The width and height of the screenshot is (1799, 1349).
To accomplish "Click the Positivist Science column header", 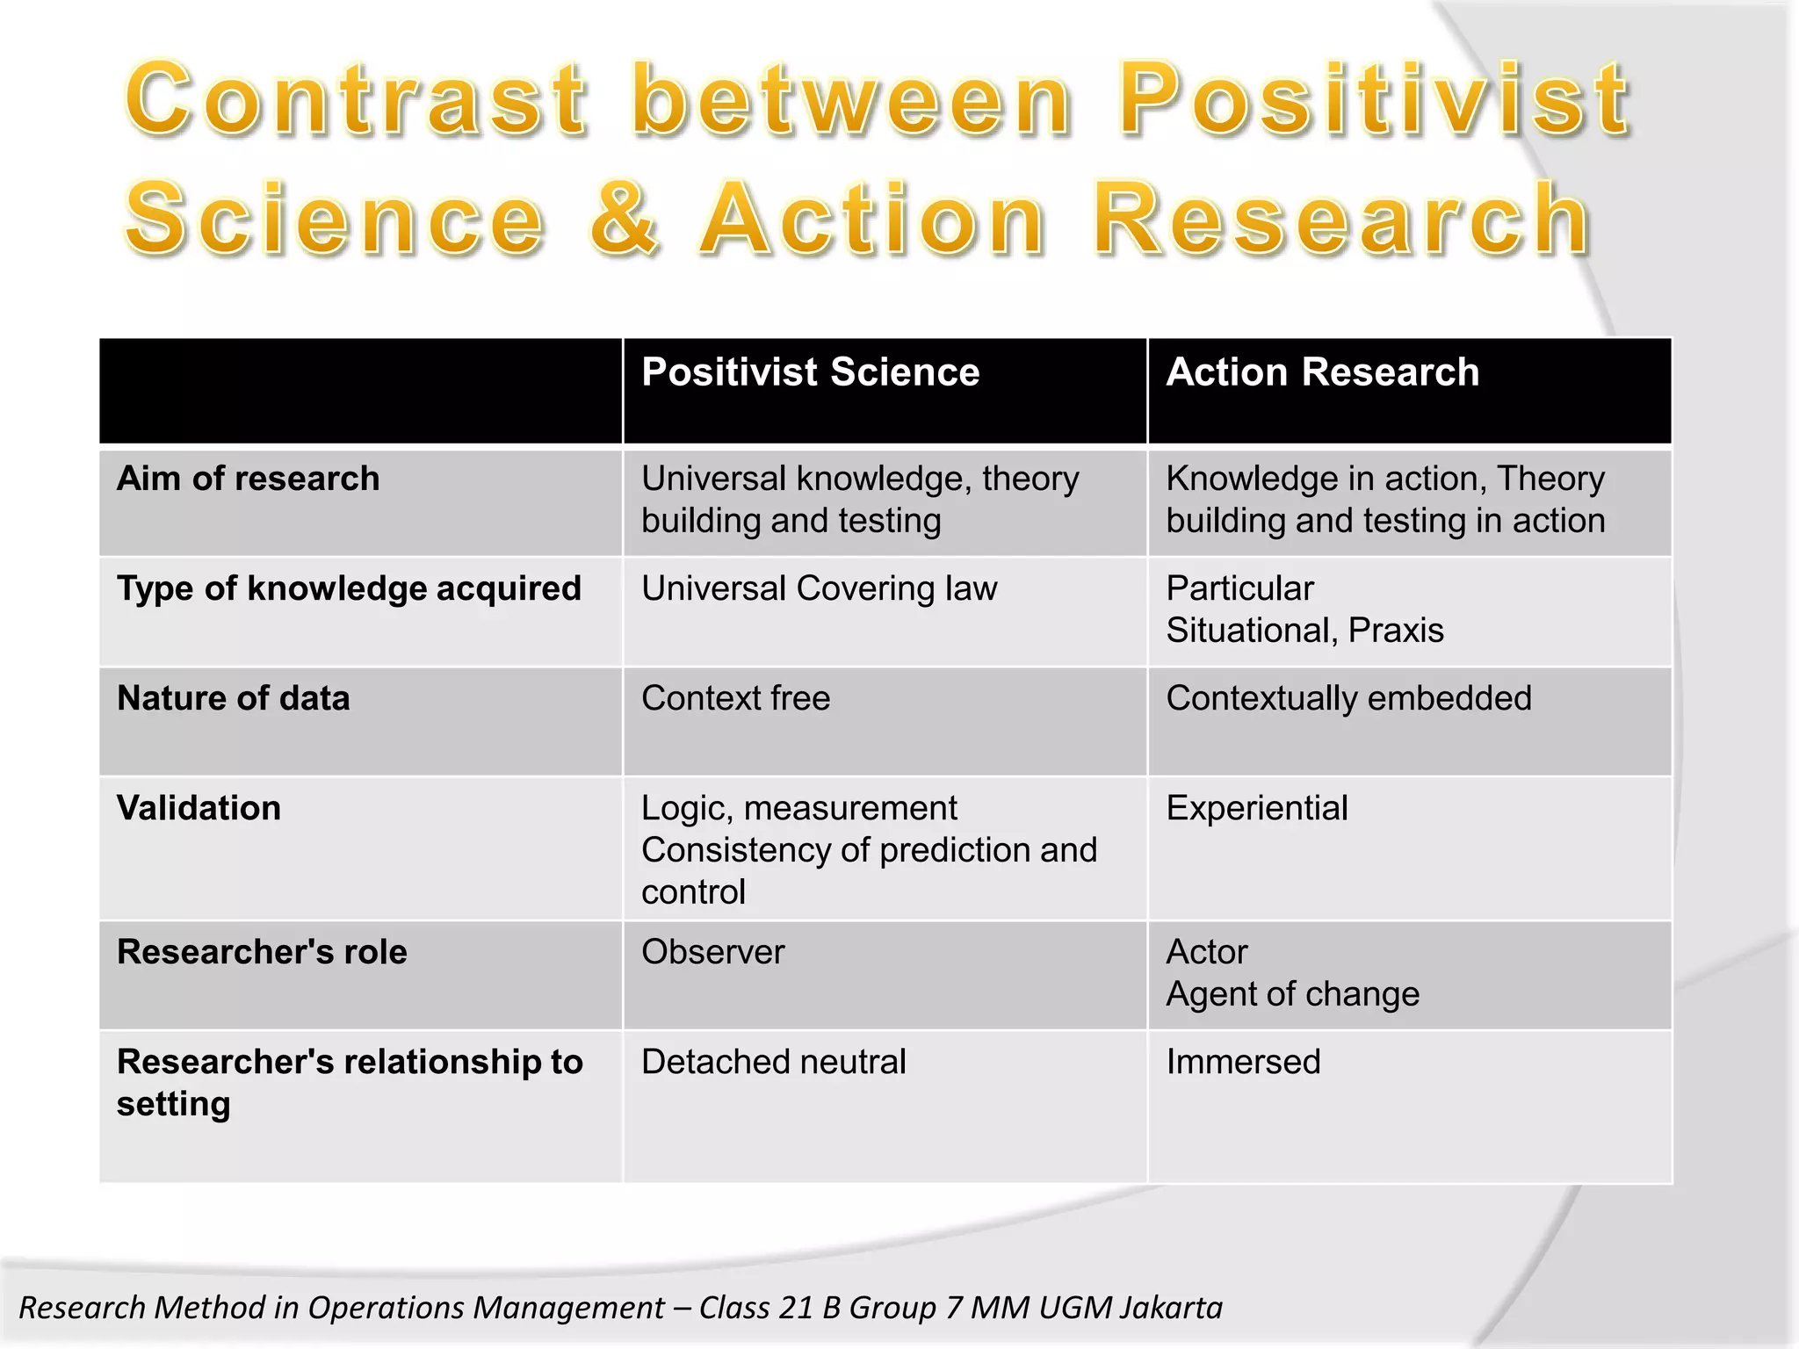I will click(810, 372).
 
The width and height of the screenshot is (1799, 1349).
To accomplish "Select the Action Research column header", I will click(1322, 372).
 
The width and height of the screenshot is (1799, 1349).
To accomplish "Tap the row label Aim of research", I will click(249, 479).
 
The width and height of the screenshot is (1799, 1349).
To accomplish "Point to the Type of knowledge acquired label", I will click(349, 588).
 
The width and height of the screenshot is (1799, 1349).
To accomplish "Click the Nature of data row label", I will click(234, 698).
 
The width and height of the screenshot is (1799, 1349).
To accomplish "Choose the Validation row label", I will click(199, 808).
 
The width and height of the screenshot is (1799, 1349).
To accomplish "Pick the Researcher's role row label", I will click(262, 952).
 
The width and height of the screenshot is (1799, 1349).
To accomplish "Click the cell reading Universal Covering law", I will click(819, 588).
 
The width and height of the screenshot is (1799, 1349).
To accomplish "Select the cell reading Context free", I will click(735, 698).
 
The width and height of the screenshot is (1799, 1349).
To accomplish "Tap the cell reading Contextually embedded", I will click(1348, 698).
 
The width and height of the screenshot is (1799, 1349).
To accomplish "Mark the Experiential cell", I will click(1256, 808).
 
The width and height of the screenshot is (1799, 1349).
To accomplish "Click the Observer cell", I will click(712, 952).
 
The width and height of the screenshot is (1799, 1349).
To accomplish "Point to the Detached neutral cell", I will click(773, 1062).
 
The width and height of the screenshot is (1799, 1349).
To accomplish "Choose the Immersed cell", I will click(1243, 1062).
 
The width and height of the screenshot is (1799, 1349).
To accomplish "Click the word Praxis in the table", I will click(1396, 631).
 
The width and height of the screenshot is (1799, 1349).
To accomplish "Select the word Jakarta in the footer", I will click(1171, 1308).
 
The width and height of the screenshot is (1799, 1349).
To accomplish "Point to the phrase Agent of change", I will click(1292, 994).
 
